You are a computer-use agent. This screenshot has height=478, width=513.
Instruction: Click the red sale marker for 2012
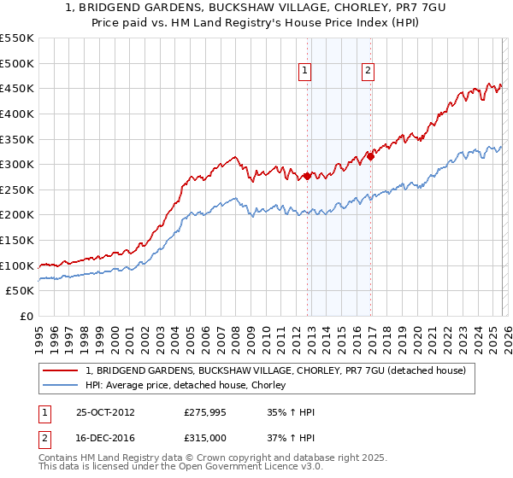pos(306,177)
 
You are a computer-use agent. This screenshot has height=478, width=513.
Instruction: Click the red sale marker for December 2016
pos(370,156)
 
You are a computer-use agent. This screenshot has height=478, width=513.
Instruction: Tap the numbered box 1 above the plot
pos(305,72)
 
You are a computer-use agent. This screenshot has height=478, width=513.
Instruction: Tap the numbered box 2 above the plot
pos(368,72)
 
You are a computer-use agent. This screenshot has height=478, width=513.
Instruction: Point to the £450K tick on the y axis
pos(17,88)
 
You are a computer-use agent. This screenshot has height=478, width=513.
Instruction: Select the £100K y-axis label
pos(17,265)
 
